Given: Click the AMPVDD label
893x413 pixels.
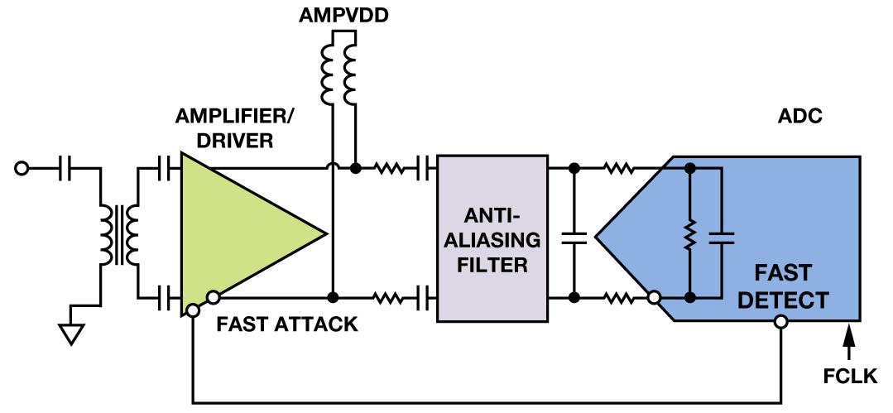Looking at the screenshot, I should (344, 17).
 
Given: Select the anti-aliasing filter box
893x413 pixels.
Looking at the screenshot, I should (492, 238).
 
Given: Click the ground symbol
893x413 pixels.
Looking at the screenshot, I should (72, 332).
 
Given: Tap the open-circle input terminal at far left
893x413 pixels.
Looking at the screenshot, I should (22, 169).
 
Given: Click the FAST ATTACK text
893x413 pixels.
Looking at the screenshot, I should (287, 324).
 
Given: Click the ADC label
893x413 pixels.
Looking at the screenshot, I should (800, 116).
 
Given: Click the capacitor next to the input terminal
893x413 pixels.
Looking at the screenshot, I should (66, 169).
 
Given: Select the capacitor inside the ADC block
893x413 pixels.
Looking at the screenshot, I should (723, 236).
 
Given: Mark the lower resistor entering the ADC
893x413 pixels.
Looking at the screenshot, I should (618, 296).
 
